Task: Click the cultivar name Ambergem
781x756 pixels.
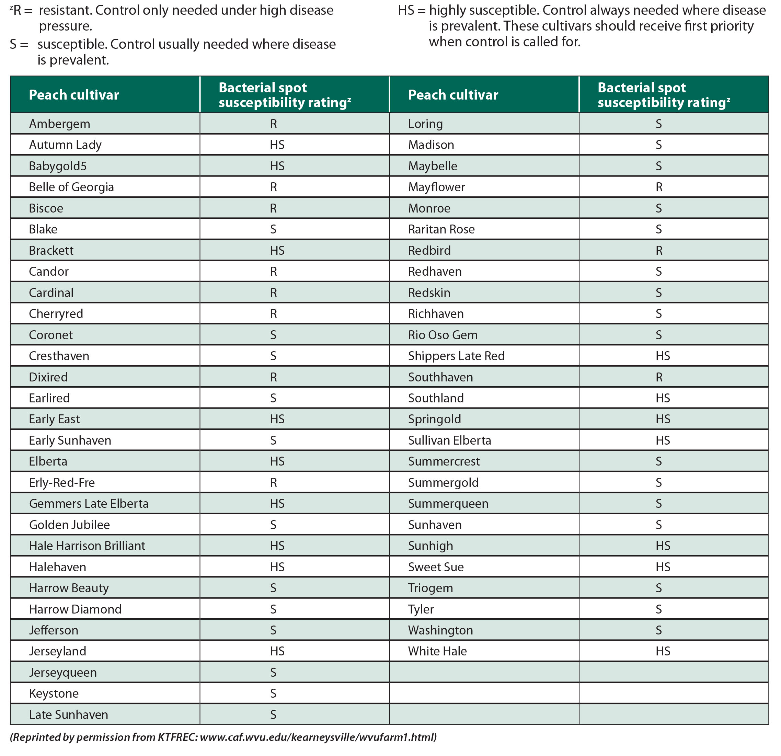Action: [x=59, y=124]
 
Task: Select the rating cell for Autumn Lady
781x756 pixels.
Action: [x=277, y=145]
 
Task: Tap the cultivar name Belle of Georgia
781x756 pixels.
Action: [x=71, y=187]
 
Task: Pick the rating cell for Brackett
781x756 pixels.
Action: [x=277, y=250]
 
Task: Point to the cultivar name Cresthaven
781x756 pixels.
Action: [x=59, y=356]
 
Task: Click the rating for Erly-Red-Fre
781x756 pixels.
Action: [x=273, y=483]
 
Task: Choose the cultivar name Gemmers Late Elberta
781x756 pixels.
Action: [x=89, y=504]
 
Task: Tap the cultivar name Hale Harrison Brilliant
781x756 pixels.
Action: [x=87, y=546]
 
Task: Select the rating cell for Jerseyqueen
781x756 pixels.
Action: [x=273, y=672]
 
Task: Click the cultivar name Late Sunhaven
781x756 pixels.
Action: [x=69, y=714]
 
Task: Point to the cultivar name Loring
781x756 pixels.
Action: [x=425, y=124]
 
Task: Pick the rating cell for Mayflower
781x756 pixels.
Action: [x=659, y=187]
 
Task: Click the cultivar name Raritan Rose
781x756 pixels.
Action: [x=441, y=229]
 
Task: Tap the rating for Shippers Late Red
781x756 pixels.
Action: [x=663, y=356]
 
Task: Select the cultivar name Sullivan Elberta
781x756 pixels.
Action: [x=449, y=440]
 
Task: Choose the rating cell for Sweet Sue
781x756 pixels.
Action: [x=663, y=567]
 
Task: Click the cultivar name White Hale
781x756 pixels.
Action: [x=437, y=651]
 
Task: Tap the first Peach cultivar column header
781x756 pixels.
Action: [x=74, y=95]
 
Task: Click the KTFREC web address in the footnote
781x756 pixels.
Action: [x=318, y=737]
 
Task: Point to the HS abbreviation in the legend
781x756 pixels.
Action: [x=406, y=10]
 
